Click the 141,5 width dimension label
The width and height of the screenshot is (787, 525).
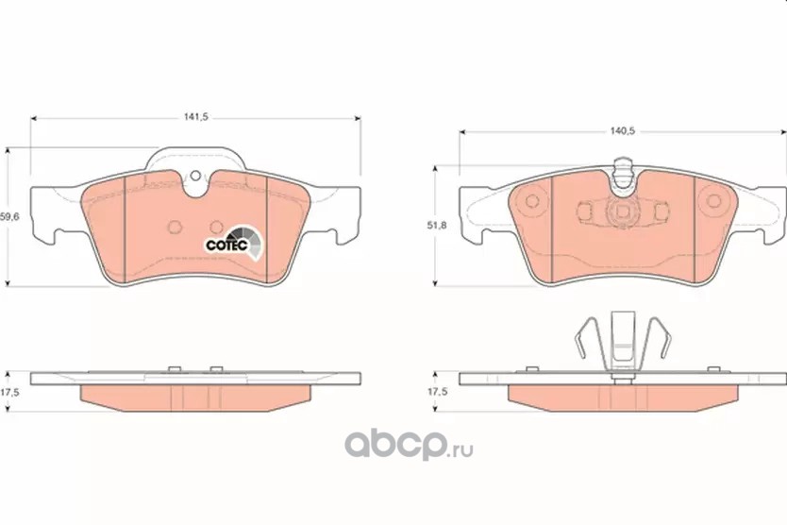(x=195, y=117)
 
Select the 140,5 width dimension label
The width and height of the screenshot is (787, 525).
(x=623, y=131)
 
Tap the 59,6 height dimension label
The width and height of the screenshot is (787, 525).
(x=9, y=217)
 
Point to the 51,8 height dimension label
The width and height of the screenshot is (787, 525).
(x=437, y=226)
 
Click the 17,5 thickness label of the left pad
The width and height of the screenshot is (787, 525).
(x=9, y=393)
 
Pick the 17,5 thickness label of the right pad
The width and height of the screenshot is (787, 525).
(x=437, y=393)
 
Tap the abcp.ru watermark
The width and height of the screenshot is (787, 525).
(x=408, y=445)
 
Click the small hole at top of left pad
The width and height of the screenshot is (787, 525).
(x=195, y=176)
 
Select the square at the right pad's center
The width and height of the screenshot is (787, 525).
(x=623, y=211)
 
